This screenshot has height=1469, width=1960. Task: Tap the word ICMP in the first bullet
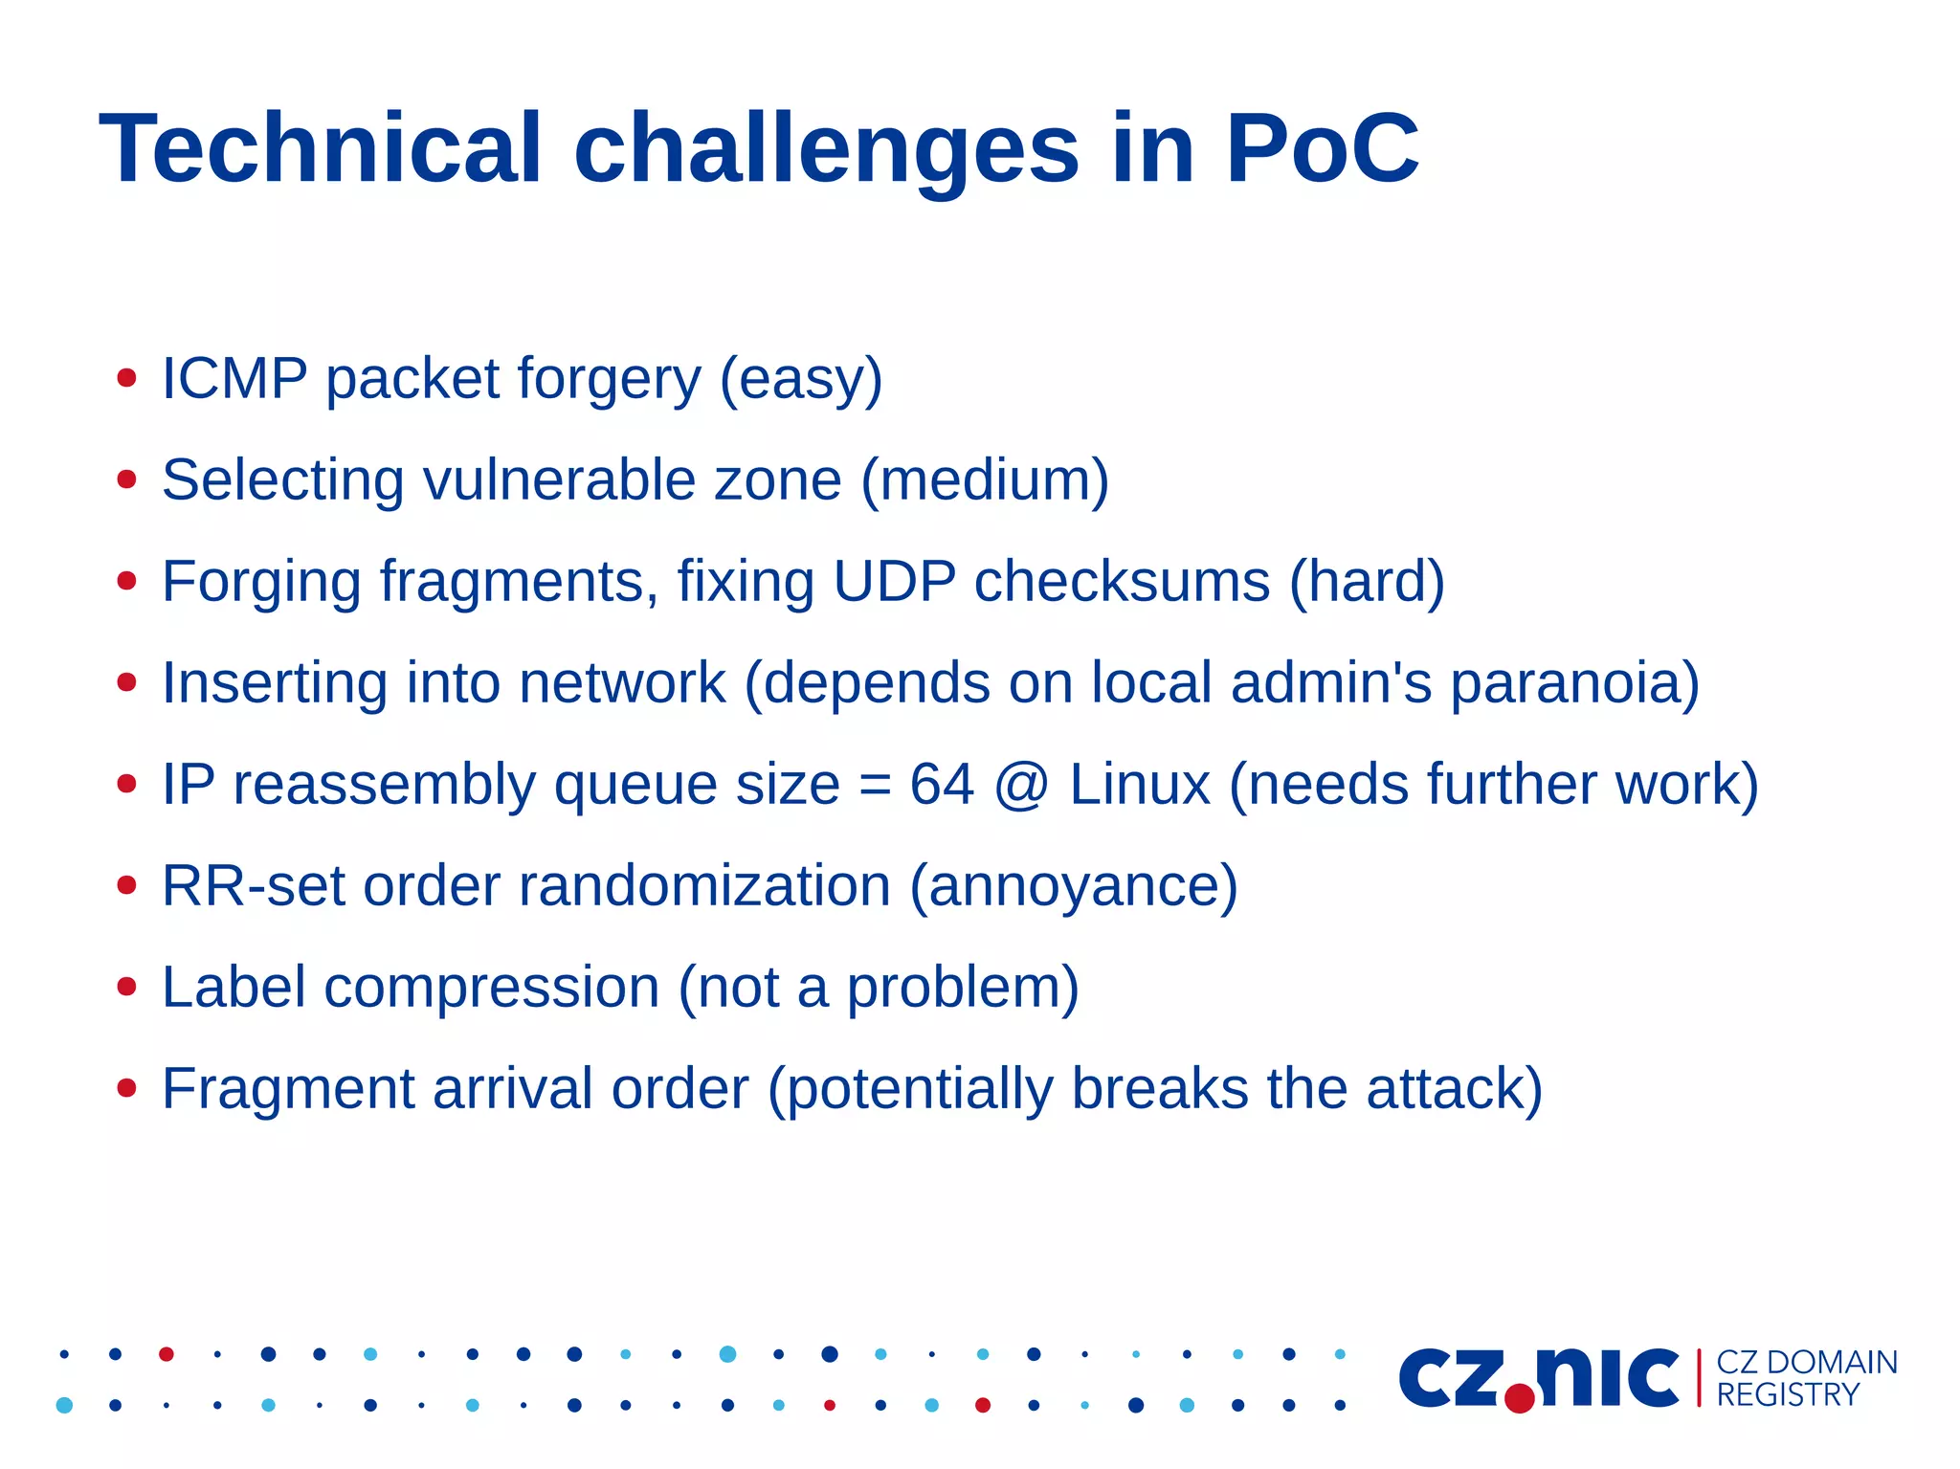click(234, 378)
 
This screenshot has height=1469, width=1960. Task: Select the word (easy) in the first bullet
click(801, 380)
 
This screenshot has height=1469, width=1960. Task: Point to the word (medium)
click(985, 480)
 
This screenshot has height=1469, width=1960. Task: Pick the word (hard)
click(1367, 582)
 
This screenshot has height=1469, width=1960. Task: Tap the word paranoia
click(1574, 683)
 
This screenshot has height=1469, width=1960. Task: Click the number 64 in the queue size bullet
click(942, 784)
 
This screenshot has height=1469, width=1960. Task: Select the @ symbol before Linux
click(1021, 785)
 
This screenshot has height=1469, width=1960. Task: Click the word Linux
click(1139, 784)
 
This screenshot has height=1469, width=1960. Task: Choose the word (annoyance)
click(1073, 887)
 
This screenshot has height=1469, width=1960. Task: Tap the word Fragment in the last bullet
click(287, 1089)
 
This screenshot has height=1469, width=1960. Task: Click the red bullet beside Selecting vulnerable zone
click(126, 479)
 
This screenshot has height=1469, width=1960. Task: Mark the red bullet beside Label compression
click(126, 986)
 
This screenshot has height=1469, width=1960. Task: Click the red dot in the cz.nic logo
click(1519, 1398)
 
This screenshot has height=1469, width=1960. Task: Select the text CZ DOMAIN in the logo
click(1806, 1362)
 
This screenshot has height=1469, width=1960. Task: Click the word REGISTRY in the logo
click(1787, 1394)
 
